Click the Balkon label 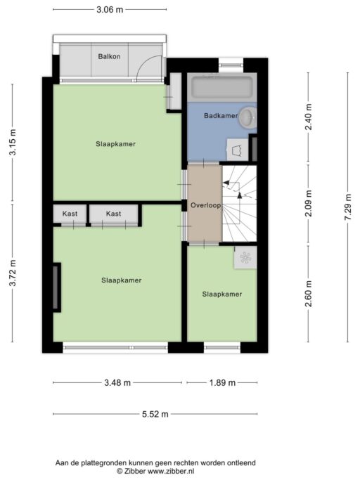[x=109, y=56]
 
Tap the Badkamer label [x=221, y=116]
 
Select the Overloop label [x=205, y=205]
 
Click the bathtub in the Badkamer [x=221, y=87]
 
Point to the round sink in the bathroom [x=248, y=117]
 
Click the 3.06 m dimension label [x=110, y=10]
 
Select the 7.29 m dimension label [x=348, y=207]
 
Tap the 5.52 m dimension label [x=155, y=414]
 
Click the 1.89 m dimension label [x=222, y=382]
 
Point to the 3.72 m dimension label [x=13, y=273]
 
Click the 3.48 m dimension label [x=117, y=382]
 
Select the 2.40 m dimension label [x=308, y=117]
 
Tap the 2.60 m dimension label [x=308, y=294]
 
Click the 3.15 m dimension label [x=13, y=143]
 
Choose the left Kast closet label [x=70, y=214]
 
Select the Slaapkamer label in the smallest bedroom [x=222, y=294]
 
